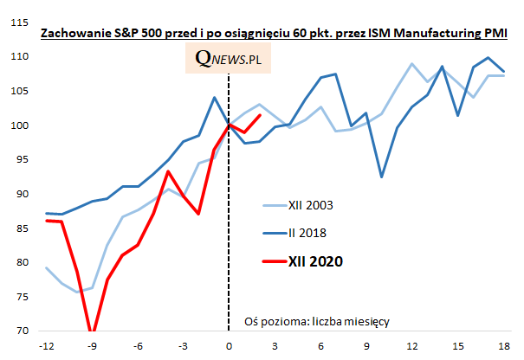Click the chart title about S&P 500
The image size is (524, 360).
coord(274,34)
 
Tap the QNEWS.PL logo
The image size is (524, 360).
coord(228,60)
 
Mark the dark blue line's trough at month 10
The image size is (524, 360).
coord(382,177)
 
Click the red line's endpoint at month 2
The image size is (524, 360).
coord(260,115)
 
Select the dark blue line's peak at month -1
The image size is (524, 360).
coord(214,97)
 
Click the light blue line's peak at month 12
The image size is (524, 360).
coord(412,64)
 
